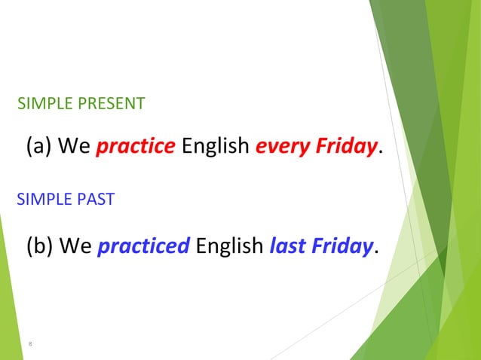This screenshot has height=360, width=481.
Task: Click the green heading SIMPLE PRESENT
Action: pos(81,103)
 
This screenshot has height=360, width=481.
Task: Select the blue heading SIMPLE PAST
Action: pos(66,200)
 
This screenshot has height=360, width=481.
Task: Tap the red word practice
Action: pos(135,146)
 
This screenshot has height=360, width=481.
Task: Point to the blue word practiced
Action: pos(143,246)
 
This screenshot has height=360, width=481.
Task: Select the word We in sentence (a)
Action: pos(75,146)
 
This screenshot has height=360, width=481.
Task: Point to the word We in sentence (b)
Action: pos(75,246)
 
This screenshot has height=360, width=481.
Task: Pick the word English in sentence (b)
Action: pos(229,246)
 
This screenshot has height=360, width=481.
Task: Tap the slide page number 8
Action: pos(30,344)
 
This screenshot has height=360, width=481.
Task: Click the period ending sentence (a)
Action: pos(380,151)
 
